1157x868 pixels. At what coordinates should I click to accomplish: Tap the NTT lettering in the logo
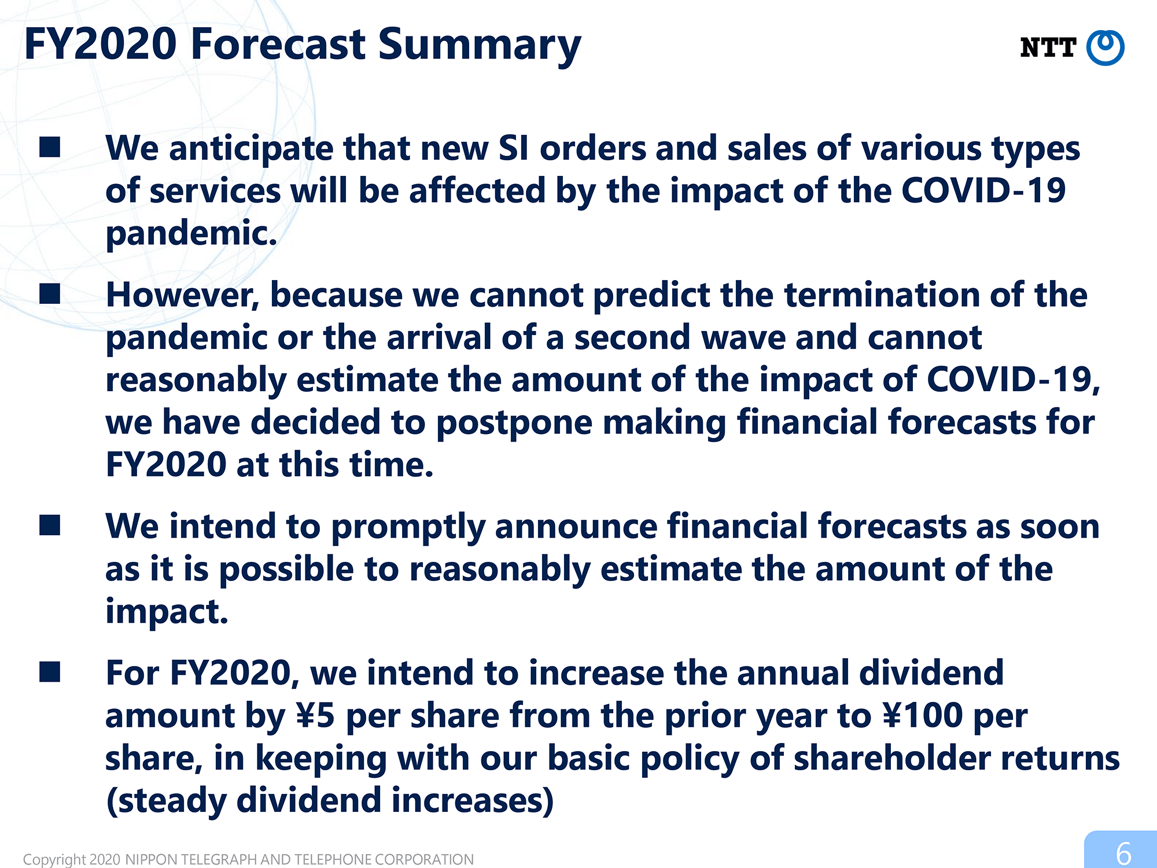pos(1048,47)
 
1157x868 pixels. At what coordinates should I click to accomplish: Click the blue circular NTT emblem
pos(1105,47)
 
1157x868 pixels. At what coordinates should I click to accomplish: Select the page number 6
pos(1123,854)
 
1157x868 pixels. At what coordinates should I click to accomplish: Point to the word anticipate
pos(251,149)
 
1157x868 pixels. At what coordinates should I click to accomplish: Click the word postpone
pos(514,424)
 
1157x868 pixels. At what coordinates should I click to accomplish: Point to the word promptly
pos(408,528)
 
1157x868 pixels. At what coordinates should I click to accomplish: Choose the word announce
pos(576,528)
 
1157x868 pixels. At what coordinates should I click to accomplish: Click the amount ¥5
pos(315,716)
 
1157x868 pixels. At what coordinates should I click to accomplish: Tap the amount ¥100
pos(923,716)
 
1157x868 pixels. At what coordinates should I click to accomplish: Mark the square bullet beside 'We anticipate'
pos(50,147)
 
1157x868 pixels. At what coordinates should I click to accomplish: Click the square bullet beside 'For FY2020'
pos(50,672)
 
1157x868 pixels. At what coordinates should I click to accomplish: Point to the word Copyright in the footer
pos(54,859)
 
